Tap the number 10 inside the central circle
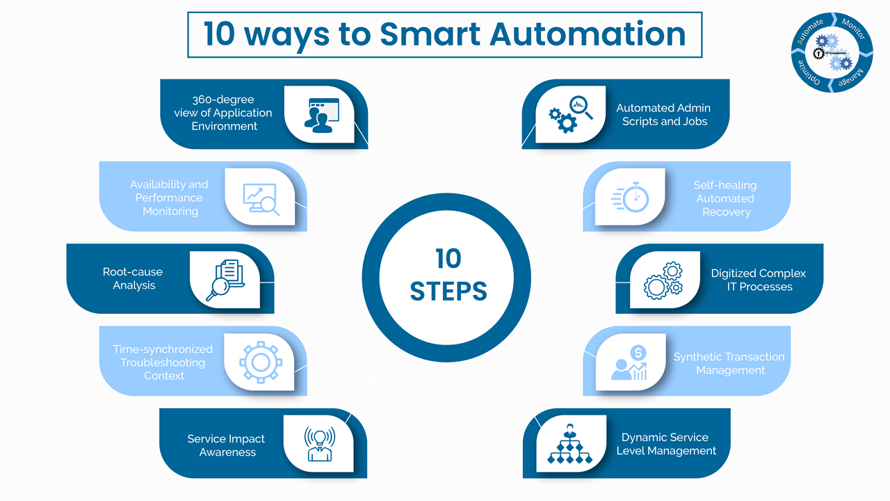[x=448, y=259]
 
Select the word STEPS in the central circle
[x=448, y=291]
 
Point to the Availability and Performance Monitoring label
[x=170, y=198]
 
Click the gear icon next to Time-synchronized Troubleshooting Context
[x=260, y=361]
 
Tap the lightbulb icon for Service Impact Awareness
[x=318, y=443]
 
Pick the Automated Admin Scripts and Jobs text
[x=664, y=115]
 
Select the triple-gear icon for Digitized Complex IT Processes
[x=663, y=280]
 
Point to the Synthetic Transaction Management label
[x=729, y=363]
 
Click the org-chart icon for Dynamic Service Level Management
[x=569, y=443]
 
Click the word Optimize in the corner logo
[x=807, y=72]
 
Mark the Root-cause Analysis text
[x=133, y=279]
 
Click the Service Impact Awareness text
[x=227, y=445]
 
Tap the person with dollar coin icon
[x=629, y=363]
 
